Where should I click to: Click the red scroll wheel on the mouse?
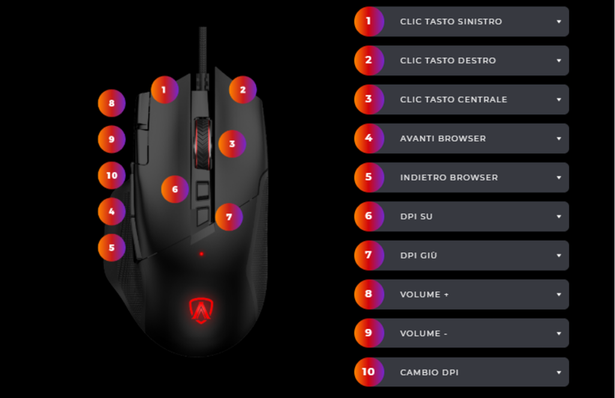coord(203,143)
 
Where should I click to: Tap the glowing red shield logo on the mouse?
coord(201,310)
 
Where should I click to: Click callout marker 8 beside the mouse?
coord(112,103)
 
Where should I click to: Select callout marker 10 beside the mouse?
coord(112,176)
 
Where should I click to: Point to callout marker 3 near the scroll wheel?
coord(232,144)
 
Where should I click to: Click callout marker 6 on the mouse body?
coord(175,189)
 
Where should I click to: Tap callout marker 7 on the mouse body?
coord(229,217)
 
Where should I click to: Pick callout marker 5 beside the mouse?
coord(112,248)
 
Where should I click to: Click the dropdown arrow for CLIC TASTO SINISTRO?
coord(559,22)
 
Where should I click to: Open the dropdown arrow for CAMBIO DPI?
coord(559,372)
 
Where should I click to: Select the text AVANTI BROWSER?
coord(443,138)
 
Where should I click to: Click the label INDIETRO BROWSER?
coord(449,177)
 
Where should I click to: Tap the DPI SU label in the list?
coord(416,216)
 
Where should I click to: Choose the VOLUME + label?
coord(425,295)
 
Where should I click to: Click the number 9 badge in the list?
coord(369,333)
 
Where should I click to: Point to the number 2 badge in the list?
coord(369,60)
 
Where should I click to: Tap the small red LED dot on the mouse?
coord(201,254)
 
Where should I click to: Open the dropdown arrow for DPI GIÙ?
coord(559,256)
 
